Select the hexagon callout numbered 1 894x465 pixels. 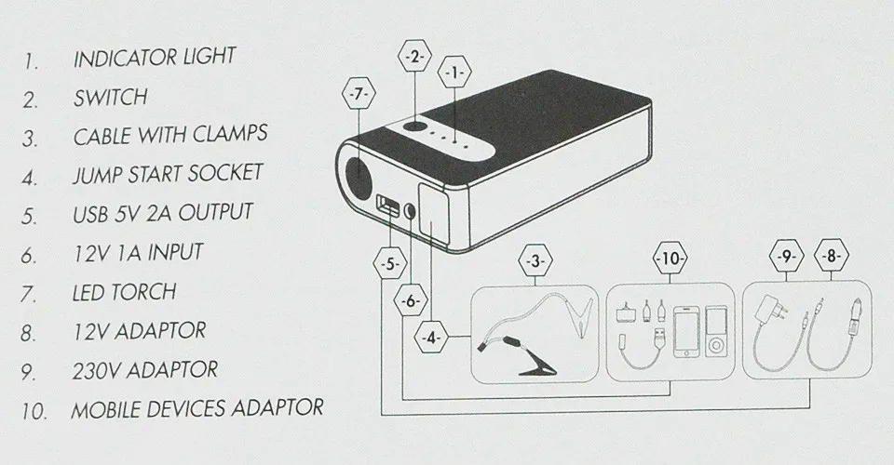454,72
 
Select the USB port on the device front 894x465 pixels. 385,205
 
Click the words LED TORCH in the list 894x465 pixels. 124,292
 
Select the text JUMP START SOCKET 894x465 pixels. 168,173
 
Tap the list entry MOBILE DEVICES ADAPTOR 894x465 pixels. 197,407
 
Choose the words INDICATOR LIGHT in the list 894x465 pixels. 154,57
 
